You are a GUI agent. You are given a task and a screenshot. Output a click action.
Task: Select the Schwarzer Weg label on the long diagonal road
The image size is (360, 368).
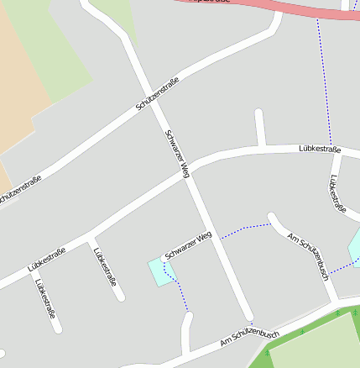(x=178, y=153)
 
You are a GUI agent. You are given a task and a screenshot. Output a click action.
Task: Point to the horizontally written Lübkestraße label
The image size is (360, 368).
(x=320, y=150)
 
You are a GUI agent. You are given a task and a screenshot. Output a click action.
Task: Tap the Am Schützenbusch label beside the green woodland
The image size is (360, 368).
(x=249, y=338)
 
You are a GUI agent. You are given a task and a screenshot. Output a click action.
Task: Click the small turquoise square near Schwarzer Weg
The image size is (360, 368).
(x=159, y=272)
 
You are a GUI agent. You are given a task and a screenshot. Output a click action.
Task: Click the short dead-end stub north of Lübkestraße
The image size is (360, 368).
(x=260, y=126)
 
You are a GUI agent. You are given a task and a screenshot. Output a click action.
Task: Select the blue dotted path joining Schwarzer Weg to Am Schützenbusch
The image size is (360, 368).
(x=248, y=229)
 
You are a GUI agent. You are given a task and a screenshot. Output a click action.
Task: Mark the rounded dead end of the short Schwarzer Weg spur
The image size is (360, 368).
(x=165, y=258)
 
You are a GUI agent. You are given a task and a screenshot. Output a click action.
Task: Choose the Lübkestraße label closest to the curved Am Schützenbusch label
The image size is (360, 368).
(x=337, y=193)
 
